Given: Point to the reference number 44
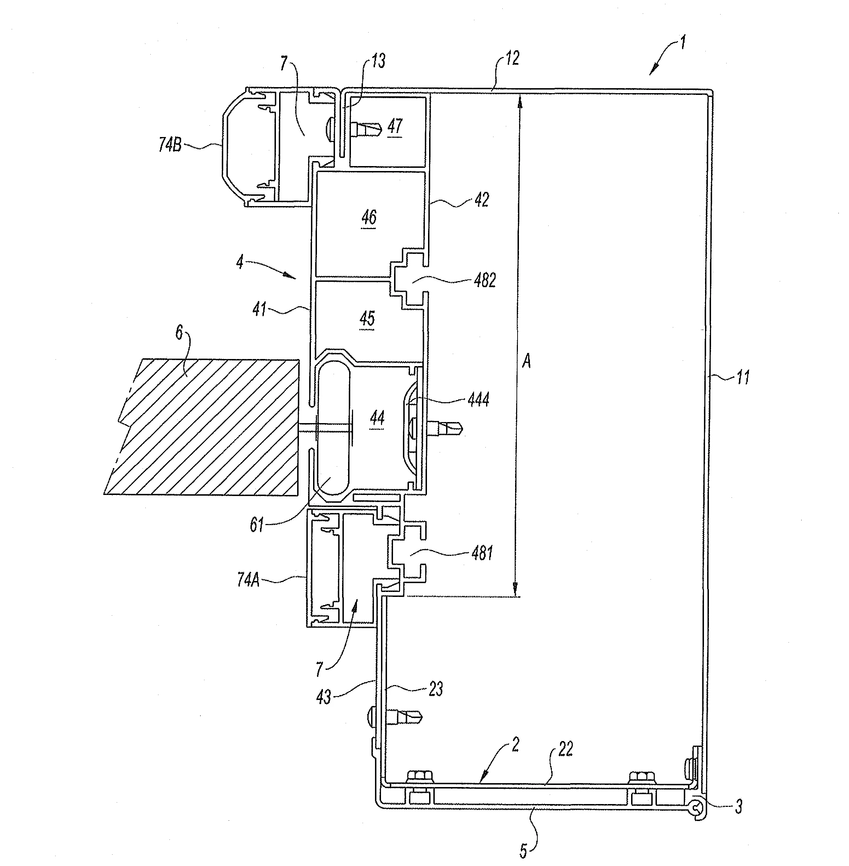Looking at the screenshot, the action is tap(377, 418).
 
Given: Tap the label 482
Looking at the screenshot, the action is tap(485, 280).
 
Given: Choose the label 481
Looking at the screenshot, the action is tap(482, 553).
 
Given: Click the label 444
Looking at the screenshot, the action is tap(479, 399).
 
